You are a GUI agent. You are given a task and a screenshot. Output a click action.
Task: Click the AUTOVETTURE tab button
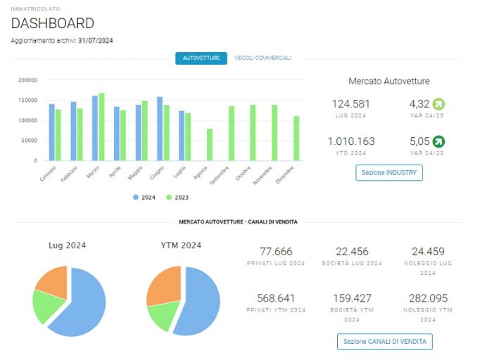(201, 58)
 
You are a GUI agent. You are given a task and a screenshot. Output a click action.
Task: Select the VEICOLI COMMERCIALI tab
(263, 58)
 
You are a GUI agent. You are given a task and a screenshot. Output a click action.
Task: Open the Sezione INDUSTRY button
(389, 172)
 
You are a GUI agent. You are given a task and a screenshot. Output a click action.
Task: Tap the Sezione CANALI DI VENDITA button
(385, 341)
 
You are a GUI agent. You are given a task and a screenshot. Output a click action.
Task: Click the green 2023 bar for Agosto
(210, 145)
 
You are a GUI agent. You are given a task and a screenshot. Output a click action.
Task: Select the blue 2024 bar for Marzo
(95, 128)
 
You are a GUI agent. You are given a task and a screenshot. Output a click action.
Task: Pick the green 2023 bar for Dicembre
(296, 139)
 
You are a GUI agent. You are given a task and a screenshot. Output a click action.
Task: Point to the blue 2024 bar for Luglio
(182, 136)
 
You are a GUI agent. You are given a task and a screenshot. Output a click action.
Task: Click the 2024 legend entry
(144, 198)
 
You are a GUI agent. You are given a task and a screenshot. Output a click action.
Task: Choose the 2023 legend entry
(177, 198)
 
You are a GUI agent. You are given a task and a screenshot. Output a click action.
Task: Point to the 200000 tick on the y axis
(27, 80)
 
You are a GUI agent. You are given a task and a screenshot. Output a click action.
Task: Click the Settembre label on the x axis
(219, 176)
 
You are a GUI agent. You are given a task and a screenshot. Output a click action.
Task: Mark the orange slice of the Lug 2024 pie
(52, 282)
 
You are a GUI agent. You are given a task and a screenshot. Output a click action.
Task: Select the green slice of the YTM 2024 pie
(163, 315)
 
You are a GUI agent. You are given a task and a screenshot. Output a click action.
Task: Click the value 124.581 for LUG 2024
(350, 104)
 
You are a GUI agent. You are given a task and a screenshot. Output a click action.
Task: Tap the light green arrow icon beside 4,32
(438, 104)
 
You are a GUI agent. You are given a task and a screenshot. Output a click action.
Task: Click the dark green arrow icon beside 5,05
(438, 141)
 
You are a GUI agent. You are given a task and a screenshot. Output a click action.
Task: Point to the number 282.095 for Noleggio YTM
(428, 298)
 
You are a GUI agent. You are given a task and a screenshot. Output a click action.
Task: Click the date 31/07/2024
(96, 41)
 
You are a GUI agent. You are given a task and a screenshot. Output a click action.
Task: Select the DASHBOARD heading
(52, 23)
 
